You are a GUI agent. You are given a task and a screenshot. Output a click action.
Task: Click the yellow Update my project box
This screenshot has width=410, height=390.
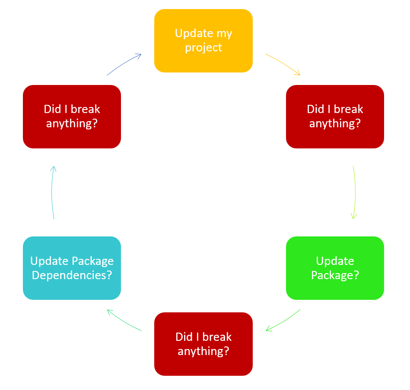[x=203, y=41]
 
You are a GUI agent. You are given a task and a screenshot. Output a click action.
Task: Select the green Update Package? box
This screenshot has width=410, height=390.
[x=335, y=268]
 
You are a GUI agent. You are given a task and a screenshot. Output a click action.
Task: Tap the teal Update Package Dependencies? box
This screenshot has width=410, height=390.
[x=72, y=268]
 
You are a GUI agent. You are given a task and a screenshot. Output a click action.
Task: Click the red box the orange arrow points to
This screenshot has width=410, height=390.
[x=335, y=116]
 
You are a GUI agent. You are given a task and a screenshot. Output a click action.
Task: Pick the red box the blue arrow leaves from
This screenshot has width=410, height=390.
[x=72, y=116]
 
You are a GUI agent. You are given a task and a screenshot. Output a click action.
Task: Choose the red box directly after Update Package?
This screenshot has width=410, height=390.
[x=203, y=344]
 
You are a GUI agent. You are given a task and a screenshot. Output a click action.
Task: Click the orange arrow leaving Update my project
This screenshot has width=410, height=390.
[x=283, y=63]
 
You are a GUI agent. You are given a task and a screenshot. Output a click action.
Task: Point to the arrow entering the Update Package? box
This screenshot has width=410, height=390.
[x=355, y=192]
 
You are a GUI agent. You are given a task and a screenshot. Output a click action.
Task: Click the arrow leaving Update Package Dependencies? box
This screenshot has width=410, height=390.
[x=52, y=192]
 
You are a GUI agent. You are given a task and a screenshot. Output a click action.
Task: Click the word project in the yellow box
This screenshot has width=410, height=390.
[x=203, y=48]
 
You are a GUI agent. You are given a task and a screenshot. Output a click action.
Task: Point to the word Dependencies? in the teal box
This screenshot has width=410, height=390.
[x=72, y=275]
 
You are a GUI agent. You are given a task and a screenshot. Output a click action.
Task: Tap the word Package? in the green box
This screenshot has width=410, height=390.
[x=335, y=275]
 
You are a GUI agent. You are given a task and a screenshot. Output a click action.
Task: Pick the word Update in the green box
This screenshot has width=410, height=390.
[x=335, y=261]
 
